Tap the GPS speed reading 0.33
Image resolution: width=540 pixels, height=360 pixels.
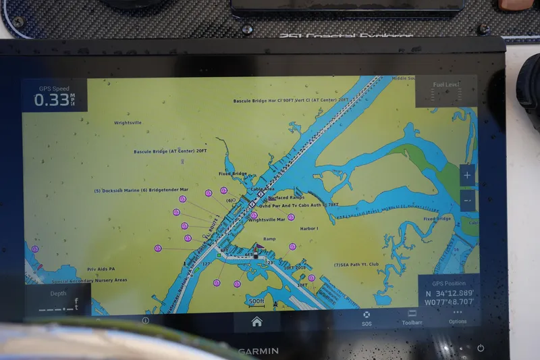52,100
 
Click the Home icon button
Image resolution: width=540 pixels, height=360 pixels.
256,322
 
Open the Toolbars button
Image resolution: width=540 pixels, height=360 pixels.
412,317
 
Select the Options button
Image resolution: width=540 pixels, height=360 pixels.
458,317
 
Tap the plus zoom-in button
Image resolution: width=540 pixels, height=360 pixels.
467,176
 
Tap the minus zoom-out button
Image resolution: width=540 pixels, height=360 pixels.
467,200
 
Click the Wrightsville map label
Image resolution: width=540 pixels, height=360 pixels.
128,123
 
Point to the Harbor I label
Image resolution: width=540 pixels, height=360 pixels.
309,228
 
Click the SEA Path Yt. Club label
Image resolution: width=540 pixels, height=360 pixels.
356,265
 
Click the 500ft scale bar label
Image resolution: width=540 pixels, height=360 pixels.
256,301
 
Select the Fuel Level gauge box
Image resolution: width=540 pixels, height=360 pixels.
446,91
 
